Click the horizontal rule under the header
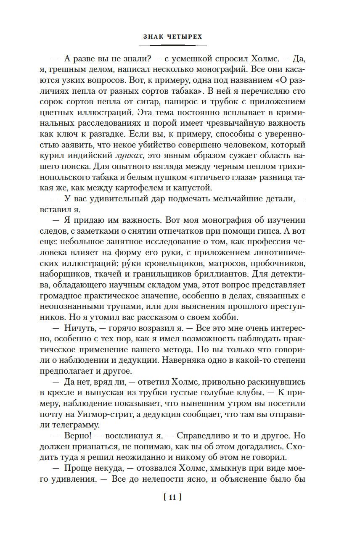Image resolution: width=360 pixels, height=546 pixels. click(172, 45)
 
